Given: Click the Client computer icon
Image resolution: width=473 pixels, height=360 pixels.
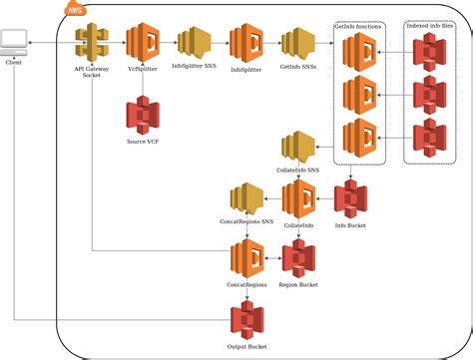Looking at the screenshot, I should coord(14,43).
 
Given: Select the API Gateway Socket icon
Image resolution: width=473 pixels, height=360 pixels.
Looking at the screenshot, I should coord(92,44).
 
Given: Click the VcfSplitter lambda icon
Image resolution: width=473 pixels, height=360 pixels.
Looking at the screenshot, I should coord(144,44).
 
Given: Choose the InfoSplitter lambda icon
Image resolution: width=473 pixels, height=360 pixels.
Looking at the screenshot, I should coord(245,44).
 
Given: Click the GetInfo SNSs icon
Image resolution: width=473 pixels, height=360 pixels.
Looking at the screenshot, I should coord(297,45).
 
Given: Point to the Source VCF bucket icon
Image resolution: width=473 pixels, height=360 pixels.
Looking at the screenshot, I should coord(144,116).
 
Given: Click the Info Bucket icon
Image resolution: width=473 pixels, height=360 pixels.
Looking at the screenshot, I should coord(349,198).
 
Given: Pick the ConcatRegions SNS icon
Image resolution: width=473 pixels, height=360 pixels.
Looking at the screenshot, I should coord(245,199).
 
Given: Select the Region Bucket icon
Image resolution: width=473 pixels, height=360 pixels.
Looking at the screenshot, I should coord(298,259).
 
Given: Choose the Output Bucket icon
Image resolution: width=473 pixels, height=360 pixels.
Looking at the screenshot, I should coord(246,322).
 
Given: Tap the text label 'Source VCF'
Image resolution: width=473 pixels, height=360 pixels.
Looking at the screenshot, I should coord(144,142).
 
